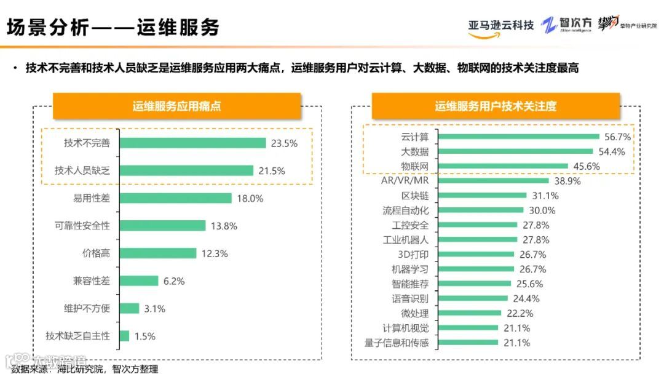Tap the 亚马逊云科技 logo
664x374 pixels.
tap(500, 26)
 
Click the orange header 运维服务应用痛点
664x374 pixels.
tap(177, 106)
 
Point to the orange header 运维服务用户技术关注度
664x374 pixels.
tap(496, 106)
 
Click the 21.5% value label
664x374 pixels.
tap(271, 171)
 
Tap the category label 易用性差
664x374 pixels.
tap(92, 198)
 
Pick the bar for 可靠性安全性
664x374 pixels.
tap(163, 226)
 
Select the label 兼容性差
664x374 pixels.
tap(92, 280)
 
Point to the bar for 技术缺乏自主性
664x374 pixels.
tap(125, 336)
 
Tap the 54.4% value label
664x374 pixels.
tap(611, 151)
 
